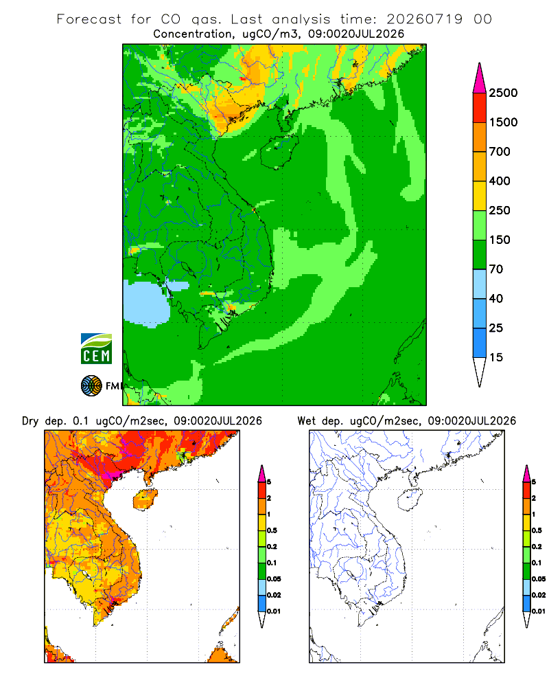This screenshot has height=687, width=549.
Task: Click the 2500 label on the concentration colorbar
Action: pyautogui.click(x=503, y=93)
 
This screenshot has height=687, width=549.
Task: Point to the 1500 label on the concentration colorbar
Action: pyautogui.click(x=503, y=122)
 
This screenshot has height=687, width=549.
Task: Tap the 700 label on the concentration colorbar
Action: pyautogui.click(x=500, y=152)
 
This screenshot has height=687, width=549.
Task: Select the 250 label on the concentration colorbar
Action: pyautogui.click(x=500, y=210)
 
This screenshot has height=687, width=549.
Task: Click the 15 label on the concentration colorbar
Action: pyautogui.click(x=496, y=357)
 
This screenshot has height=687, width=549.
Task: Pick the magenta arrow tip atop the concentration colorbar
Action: pyautogui.click(x=480, y=78)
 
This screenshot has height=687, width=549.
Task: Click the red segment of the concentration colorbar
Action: pyautogui.click(x=480, y=108)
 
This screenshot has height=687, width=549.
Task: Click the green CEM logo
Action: pyautogui.click(x=96, y=349)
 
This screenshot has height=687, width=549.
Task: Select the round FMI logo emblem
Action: pyautogui.click(x=91, y=386)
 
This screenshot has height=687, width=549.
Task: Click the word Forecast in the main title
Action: pyautogui.click(x=89, y=19)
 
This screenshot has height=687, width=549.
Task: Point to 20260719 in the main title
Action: pyautogui.click(x=424, y=19)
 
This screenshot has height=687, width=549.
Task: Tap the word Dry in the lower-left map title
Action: pyautogui.click(x=30, y=421)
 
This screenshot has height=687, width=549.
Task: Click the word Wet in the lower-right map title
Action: pyautogui.click(x=307, y=421)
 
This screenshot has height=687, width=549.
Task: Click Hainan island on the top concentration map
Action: pyautogui.click(x=279, y=152)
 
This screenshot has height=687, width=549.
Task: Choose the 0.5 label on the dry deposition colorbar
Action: pyautogui.click(x=272, y=530)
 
